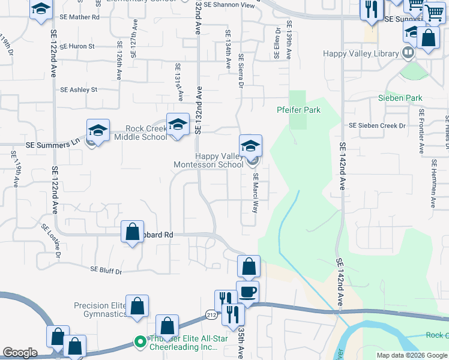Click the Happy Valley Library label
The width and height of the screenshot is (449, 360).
pos(361,53)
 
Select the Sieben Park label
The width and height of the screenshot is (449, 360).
pos(400,98)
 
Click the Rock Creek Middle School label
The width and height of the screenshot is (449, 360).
pos(146,133)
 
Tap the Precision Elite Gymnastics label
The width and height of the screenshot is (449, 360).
pos(100,310)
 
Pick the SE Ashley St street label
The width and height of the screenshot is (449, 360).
pos(79,90)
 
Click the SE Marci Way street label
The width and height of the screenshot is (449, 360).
pos(255,194)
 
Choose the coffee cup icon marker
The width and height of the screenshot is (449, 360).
pos(248,292)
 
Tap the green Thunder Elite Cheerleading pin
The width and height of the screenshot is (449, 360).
pos(140,342)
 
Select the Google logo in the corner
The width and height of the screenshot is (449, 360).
pos(20,353)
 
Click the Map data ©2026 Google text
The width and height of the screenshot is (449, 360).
pos(412,355)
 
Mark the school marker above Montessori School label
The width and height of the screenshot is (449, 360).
pos(250,145)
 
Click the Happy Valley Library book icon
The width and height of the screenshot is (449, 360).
pos(408,53)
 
